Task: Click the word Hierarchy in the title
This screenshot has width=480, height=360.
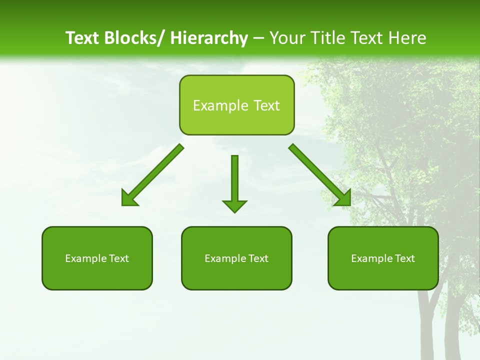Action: point(209,38)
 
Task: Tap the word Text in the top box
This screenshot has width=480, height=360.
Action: point(265,105)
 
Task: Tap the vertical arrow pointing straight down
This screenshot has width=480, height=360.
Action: point(234,180)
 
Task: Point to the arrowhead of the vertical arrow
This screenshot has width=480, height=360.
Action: point(234,205)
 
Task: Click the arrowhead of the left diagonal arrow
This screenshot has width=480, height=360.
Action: point(128,198)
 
